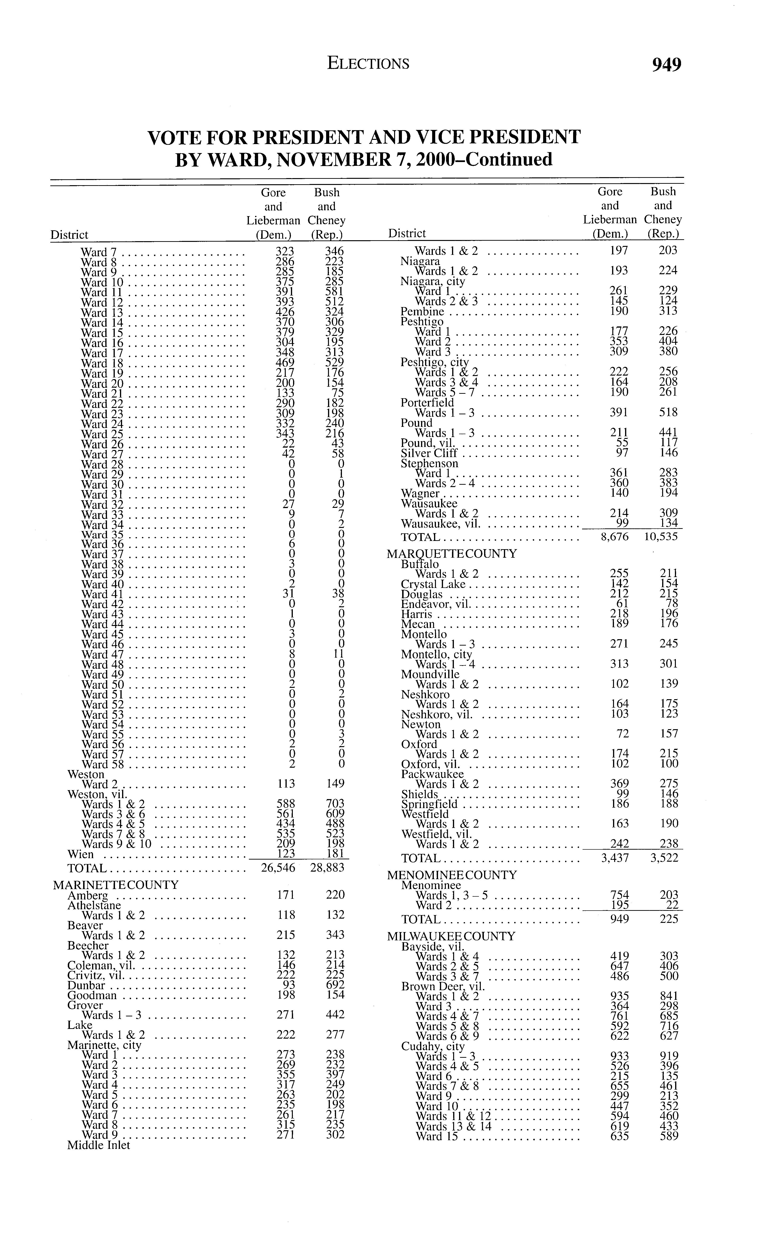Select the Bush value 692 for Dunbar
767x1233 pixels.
(x=335, y=985)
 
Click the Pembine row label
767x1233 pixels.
(x=422, y=312)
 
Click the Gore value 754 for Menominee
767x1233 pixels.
(x=619, y=895)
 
